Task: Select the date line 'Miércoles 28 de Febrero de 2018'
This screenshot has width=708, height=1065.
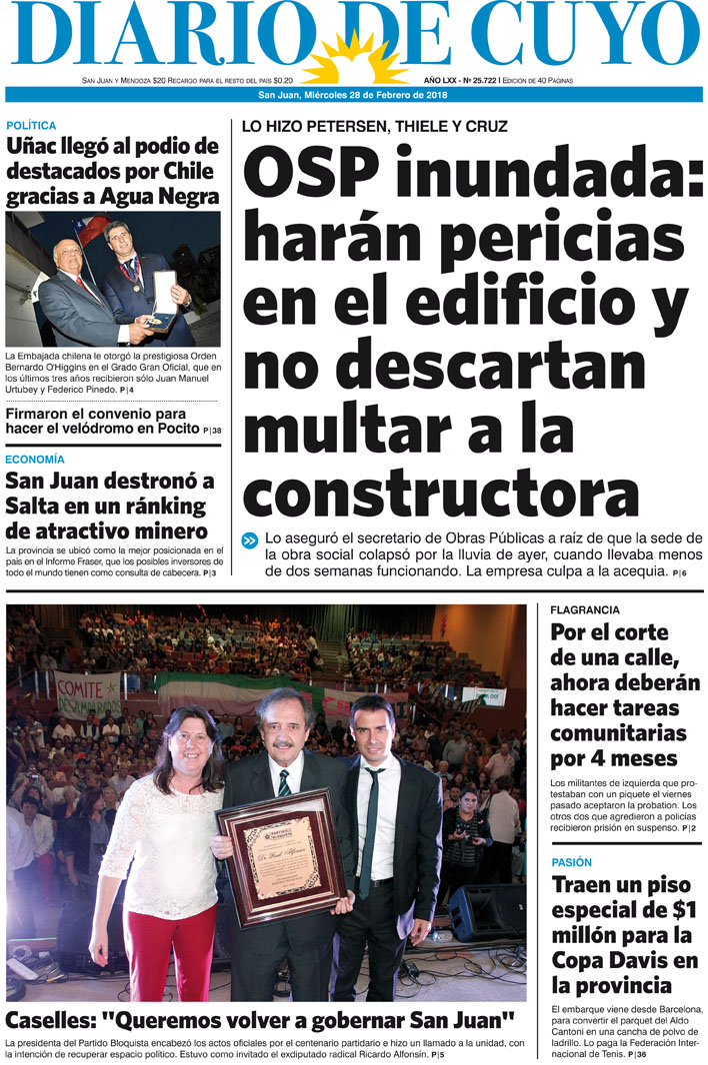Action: pos(376,95)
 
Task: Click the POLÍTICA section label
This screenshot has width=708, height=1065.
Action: pos(31,126)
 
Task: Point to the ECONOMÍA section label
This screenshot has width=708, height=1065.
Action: pos(35,460)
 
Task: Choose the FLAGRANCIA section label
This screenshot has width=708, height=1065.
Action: pos(585,609)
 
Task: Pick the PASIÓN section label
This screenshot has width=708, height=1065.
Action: pos(571,862)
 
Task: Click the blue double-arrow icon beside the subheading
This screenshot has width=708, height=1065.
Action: pos(249,540)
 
